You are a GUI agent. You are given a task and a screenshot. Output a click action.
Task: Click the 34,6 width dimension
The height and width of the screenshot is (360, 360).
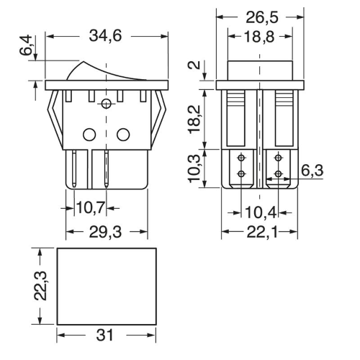tap(105, 36)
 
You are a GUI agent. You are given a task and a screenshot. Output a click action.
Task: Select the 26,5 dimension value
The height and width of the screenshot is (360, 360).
tap(262, 17)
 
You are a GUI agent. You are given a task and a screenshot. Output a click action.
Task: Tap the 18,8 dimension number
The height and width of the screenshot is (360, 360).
tap(259, 37)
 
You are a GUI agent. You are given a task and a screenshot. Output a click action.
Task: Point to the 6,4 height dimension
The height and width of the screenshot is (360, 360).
tap(26, 45)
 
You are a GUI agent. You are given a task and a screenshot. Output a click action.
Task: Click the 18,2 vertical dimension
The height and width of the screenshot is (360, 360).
tap(194, 120)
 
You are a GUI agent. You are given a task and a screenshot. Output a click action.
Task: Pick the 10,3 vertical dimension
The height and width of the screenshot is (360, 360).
tap(194, 168)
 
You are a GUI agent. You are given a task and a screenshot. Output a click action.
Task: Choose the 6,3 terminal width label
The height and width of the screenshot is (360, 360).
tap(312, 171)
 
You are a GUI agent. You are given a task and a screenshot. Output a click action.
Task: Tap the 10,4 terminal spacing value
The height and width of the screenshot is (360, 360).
tap(261, 212)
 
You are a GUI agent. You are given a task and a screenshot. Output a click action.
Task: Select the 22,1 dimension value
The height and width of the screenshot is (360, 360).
tap(262, 233)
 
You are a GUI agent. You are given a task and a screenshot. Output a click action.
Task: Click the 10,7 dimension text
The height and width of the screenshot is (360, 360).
tap(91, 208)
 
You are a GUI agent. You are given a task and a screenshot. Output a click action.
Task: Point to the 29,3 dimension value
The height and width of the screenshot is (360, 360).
tap(105, 232)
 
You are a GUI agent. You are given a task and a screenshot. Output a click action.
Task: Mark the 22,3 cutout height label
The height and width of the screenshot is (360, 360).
tap(40, 286)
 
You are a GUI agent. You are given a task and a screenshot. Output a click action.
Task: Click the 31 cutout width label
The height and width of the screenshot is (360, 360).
tap(105, 336)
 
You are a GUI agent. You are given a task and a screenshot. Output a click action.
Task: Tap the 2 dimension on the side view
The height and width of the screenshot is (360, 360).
tap(195, 65)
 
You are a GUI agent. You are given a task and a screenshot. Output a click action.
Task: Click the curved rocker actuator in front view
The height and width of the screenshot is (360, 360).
tap(107, 70)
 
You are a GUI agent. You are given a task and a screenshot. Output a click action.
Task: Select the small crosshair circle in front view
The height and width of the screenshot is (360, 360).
tap(107, 104)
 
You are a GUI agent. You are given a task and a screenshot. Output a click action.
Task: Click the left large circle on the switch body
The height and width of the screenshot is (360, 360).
tap(89, 134)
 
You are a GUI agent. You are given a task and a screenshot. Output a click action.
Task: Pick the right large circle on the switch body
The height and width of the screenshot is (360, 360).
tap(123, 134)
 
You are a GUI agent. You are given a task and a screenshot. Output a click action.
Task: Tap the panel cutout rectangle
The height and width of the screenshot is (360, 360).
tap(107, 248)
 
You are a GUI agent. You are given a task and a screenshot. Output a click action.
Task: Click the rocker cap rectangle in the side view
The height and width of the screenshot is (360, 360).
tap(260, 61)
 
